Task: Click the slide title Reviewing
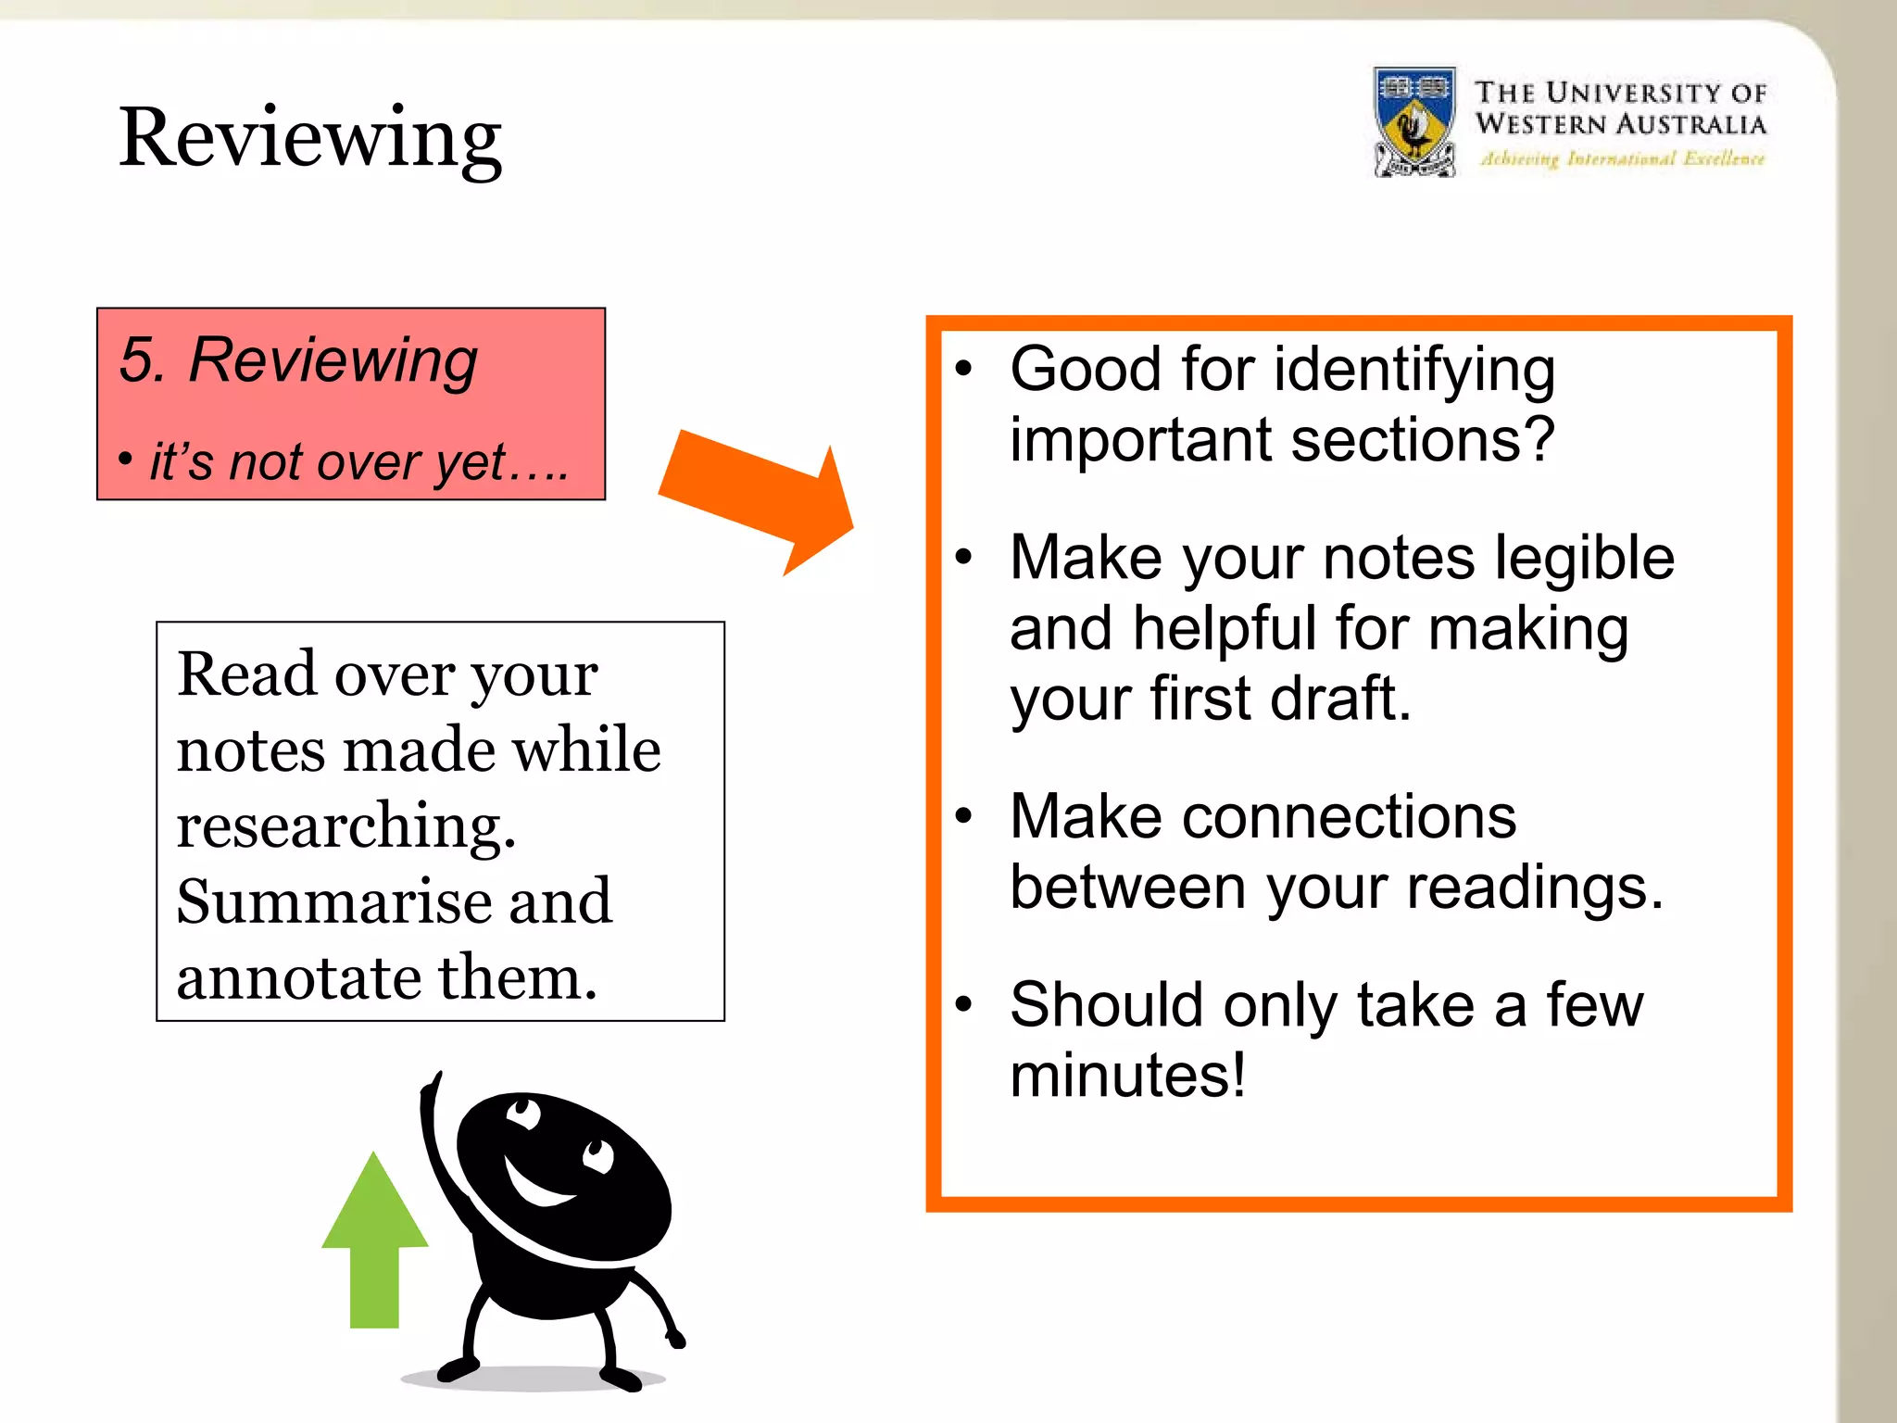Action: (309, 139)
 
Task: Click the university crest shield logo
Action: (1414, 122)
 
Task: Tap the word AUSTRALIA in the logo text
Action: (1691, 124)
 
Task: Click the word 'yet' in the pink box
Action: (471, 461)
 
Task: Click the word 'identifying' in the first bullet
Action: (1414, 371)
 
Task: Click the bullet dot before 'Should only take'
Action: (964, 1003)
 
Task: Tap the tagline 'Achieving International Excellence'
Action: (1621, 159)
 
